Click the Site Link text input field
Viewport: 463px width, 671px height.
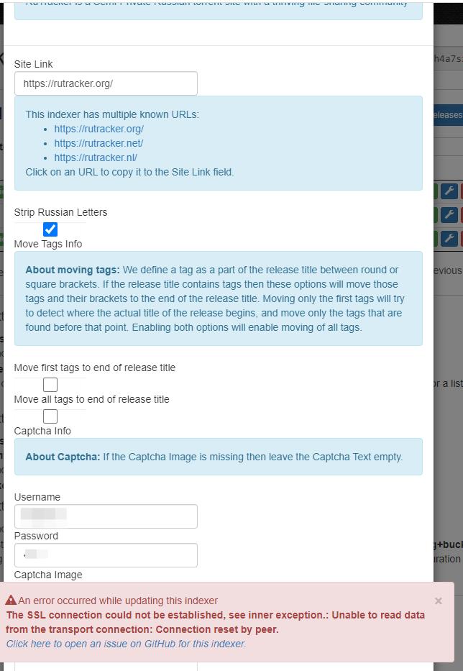click(x=106, y=83)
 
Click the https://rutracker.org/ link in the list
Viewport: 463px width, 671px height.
click(x=99, y=129)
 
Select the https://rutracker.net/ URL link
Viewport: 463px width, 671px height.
click(x=98, y=143)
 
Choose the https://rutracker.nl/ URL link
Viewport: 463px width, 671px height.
click(x=96, y=158)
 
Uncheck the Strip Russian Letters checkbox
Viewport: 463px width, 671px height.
click(x=50, y=229)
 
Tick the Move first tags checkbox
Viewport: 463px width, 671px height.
click(x=50, y=385)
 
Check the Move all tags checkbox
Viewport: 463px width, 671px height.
click(x=50, y=416)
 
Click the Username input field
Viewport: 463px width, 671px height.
click(x=106, y=516)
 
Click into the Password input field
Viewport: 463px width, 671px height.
click(x=106, y=555)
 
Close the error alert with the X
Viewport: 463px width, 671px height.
click(x=439, y=601)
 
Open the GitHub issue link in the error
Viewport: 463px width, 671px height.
click(x=127, y=644)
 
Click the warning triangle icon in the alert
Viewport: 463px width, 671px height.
click(x=11, y=601)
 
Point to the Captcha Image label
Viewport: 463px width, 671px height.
click(x=48, y=575)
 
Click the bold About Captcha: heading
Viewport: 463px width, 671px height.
click(x=63, y=457)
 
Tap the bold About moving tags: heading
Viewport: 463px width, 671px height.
click(x=73, y=270)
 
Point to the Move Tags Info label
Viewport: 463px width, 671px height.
click(x=48, y=244)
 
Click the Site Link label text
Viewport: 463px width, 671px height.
click(x=34, y=64)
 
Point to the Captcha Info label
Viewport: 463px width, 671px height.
click(x=42, y=431)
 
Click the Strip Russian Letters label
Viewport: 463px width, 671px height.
click(x=60, y=212)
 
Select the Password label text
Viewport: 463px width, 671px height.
click(x=36, y=536)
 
